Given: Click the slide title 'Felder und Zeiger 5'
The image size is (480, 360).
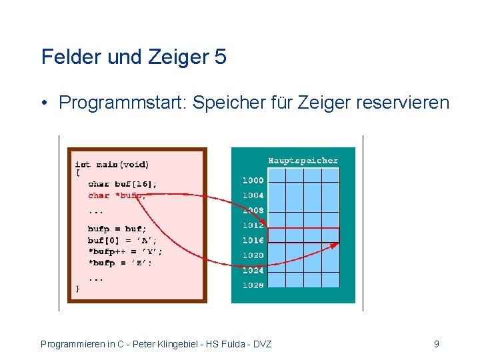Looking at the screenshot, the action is [x=133, y=57].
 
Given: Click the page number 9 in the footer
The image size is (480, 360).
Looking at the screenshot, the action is [x=436, y=344].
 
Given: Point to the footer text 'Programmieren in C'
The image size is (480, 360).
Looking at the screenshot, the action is [x=83, y=344].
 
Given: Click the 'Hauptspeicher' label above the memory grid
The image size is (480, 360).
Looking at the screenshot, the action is [x=303, y=160].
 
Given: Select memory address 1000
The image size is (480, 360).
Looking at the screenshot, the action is [x=253, y=180].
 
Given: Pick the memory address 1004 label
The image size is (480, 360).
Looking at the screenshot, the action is [x=253, y=195].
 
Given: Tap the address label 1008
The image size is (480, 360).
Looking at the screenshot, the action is [x=253, y=210].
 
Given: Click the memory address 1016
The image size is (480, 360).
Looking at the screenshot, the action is [x=253, y=240].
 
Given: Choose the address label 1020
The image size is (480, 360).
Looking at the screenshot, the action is [x=253, y=255].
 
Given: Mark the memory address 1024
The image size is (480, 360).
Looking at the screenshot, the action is [x=253, y=270].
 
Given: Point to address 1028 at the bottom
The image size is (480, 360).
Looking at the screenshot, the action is [x=253, y=285].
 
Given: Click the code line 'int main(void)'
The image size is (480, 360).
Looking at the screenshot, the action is [x=112, y=164].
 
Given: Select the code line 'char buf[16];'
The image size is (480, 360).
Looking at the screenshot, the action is [x=123, y=183].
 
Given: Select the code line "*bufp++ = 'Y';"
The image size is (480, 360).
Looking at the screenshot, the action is [x=125, y=251].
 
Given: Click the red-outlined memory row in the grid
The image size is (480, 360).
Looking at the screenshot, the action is [x=303, y=235].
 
